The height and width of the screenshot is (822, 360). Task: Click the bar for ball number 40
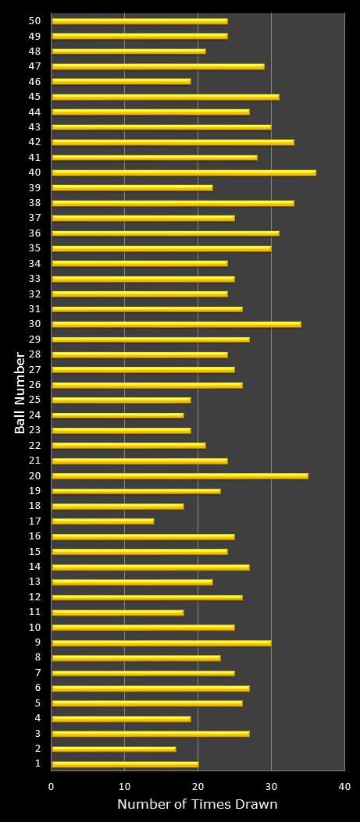coord(184,173)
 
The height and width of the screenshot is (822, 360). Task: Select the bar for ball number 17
coord(102,521)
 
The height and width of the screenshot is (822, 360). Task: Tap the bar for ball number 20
coord(180,475)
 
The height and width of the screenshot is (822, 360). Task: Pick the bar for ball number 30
coord(176,324)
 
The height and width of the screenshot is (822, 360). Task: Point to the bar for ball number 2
coord(113,749)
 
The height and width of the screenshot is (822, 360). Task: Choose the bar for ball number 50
coord(139,21)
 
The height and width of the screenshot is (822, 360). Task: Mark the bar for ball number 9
coord(161,642)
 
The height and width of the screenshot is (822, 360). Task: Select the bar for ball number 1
coord(125,763)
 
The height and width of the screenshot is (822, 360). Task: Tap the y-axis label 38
coord(34,202)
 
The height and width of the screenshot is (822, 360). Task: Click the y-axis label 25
coord(34,400)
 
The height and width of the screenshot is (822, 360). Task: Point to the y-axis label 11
coord(34,611)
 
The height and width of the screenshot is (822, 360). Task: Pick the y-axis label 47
coord(34,66)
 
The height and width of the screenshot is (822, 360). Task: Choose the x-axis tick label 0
coord(52,786)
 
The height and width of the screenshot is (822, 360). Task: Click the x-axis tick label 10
coord(125,786)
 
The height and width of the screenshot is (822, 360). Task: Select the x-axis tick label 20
coord(198,786)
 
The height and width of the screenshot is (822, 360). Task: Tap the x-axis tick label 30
coord(271,786)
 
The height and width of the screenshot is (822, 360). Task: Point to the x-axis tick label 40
coord(344,786)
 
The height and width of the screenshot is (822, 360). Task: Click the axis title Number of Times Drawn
coord(197,805)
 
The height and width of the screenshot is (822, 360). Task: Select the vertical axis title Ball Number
coord(20,393)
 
